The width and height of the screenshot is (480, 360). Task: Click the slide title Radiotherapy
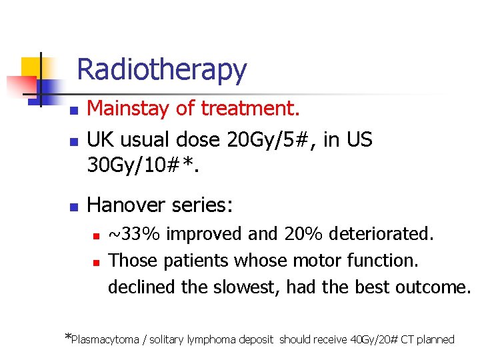tap(161, 69)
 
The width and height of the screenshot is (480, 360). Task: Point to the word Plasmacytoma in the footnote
tap(105, 339)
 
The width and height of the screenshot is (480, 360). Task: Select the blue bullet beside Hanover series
tap(75, 207)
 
